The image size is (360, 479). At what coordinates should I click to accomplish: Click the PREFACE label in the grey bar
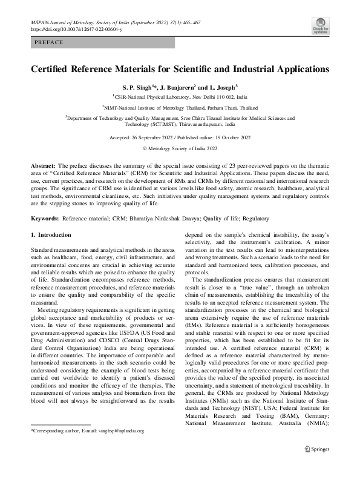pyautogui.click(x=49, y=42)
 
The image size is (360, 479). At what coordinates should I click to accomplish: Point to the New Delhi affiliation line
pyautogui.click(x=181, y=96)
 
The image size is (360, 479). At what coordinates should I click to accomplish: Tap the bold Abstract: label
pyautogui.click(x=43, y=165)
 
